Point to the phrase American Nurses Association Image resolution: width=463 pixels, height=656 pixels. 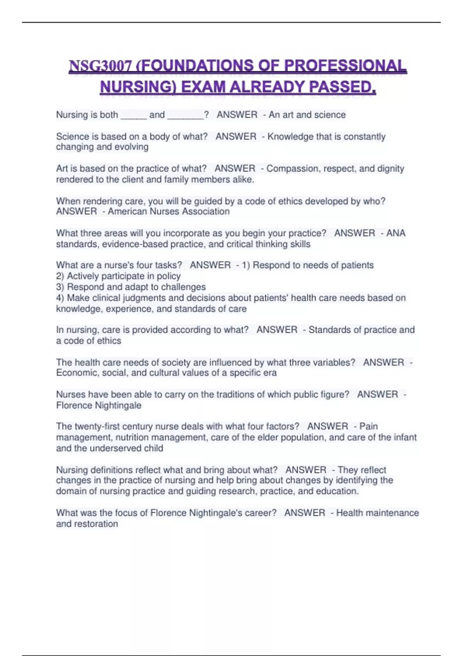169,211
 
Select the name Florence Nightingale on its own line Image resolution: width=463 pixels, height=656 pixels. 99,405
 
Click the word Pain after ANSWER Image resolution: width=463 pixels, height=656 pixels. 368,426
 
